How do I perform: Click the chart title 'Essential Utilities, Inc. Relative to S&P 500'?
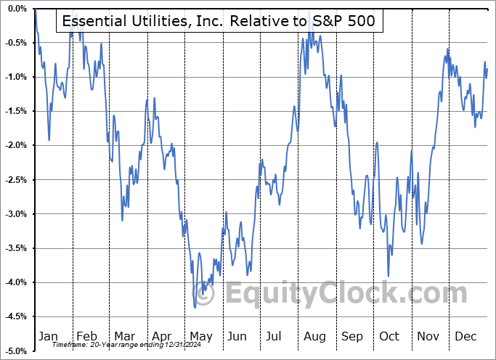click(x=219, y=21)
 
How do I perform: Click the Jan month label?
click(x=49, y=336)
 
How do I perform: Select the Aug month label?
click(x=314, y=336)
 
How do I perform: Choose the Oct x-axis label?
click(x=389, y=336)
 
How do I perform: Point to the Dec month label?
click(x=465, y=336)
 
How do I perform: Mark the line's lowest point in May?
click(x=195, y=307)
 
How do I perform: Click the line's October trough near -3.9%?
click(x=389, y=276)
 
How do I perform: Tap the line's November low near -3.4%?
click(x=422, y=244)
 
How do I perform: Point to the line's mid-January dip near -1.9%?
click(x=49, y=140)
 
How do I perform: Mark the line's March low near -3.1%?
click(x=122, y=220)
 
